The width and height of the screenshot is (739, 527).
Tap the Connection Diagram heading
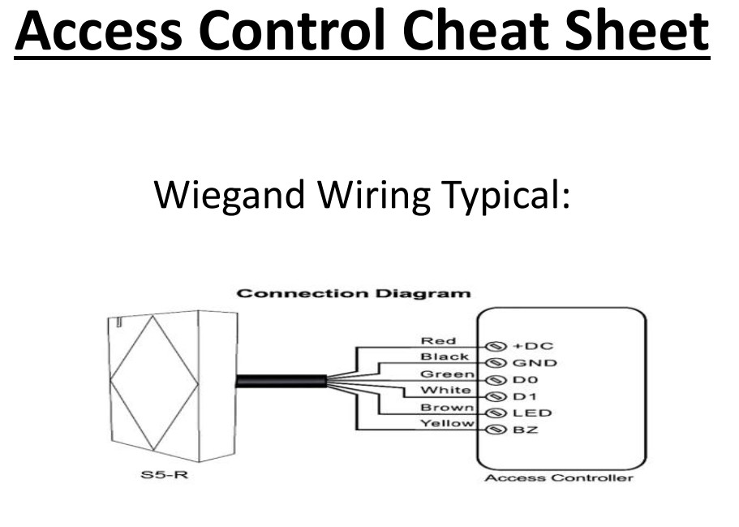tap(353, 293)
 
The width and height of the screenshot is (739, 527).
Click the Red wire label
tap(438, 341)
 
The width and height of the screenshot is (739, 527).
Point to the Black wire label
tap(445, 357)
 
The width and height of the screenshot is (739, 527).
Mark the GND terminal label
tap(534, 363)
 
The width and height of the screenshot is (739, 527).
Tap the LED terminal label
tap(531, 413)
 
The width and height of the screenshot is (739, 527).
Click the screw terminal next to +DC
tap(491, 347)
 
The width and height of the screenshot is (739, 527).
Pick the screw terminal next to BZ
tap(491, 430)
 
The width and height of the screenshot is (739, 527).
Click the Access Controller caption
tap(558, 477)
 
